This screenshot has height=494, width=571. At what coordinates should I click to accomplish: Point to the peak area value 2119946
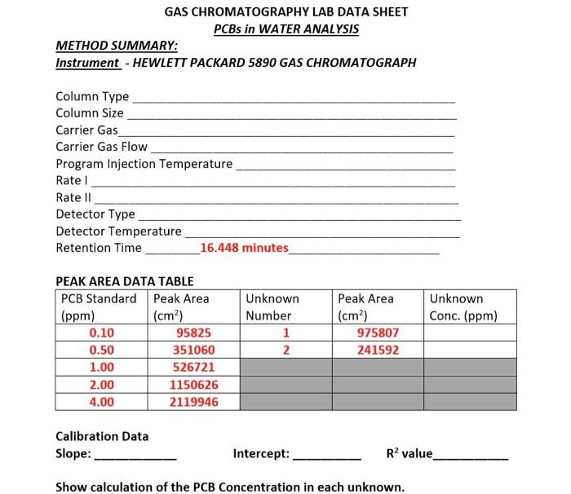pyautogui.click(x=193, y=402)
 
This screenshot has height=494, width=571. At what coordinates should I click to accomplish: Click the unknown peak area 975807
pyautogui.click(x=378, y=333)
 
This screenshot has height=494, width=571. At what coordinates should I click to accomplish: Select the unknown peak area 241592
pyautogui.click(x=378, y=350)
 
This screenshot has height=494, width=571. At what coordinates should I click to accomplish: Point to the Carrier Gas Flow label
pyautogui.click(x=101, y=147)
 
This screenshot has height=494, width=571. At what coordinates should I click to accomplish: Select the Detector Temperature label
pyautogui.click(x=118, y=231)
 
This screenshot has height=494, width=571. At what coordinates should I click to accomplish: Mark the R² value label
pyautogui.click(x=409, y=453)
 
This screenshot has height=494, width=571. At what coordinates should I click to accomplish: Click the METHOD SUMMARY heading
pyautogui.click(x=117, y=46)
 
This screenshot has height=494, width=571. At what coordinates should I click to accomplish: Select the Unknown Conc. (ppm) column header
pyautogui.click(x=463, y=307)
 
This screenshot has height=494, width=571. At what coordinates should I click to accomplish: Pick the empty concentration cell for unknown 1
pyautogui.click(x=470, y=333)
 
